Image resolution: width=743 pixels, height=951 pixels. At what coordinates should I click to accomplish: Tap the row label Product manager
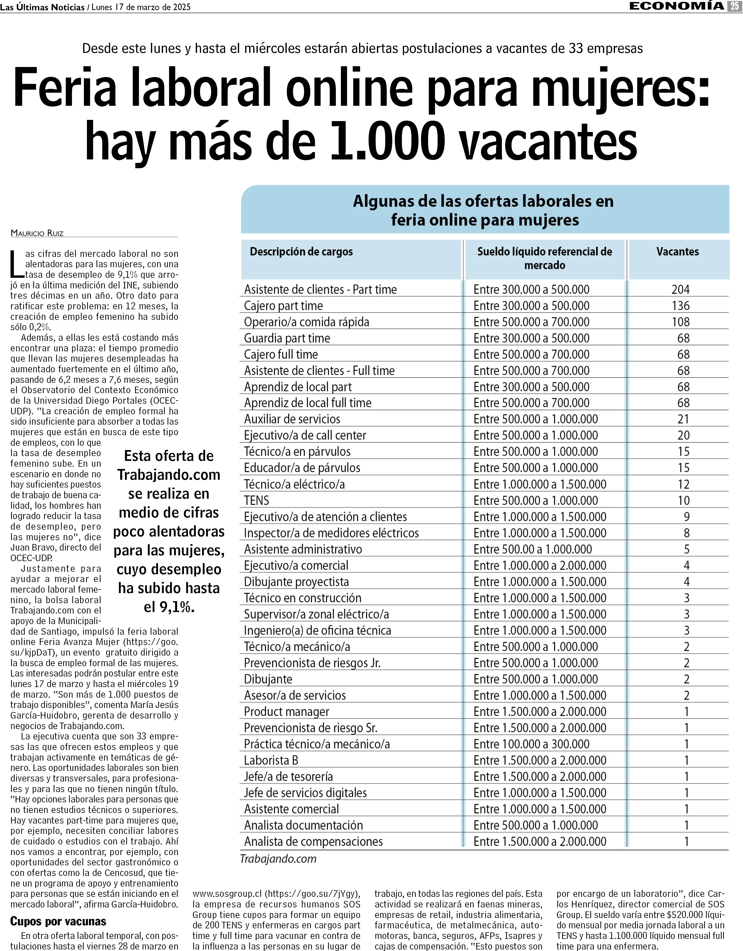coord(286,711)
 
